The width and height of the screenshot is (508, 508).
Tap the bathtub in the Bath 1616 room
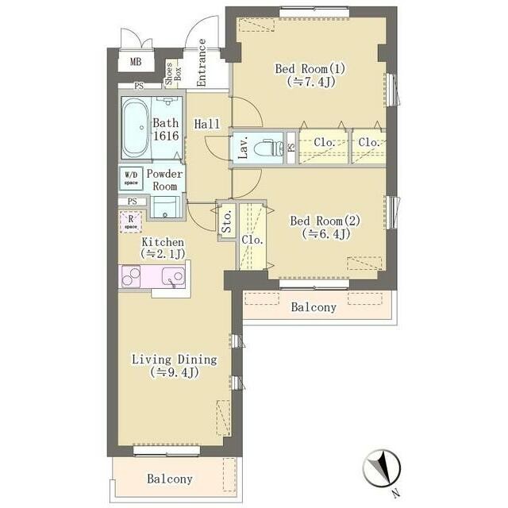click(136, 128)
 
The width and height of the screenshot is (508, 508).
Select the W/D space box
click(131, 178)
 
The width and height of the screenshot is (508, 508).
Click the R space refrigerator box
click(130, 222)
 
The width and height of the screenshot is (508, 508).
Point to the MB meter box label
click(136, 61)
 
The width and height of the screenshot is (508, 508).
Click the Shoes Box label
click(173, 74)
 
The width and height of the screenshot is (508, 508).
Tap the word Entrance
click(202, 63)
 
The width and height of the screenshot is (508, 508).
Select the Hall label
click(206, 124)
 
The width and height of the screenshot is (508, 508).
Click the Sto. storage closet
click(227, 221)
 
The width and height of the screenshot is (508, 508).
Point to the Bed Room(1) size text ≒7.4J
click(310, 82)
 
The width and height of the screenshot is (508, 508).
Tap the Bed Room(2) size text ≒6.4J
click(326, 233)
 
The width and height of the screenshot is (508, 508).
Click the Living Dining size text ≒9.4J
click(175, 372)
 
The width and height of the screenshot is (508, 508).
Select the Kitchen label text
click(163, 242)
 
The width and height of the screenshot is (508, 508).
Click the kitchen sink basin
click(174, 276)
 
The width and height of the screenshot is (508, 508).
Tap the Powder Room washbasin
click(165, 207)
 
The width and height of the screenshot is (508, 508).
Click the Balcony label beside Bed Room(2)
click(314, 307)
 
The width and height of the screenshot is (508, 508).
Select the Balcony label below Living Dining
click(169, 479)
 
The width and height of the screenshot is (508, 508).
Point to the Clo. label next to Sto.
click(252, 240)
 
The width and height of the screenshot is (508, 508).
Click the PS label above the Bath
click(139, 87)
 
